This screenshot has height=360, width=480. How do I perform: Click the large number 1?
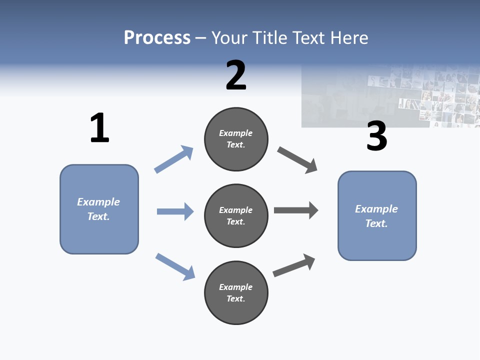99,128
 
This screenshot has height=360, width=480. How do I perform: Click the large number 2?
236,75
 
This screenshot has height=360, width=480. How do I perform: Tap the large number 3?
376,136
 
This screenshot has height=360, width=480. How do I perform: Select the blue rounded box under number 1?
99,209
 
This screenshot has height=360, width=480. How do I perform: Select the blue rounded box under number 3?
377,215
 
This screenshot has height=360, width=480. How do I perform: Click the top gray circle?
236,139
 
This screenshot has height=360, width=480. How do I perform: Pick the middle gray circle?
236,215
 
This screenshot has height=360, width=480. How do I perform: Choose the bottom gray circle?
236,292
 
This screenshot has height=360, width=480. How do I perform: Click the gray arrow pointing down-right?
297,160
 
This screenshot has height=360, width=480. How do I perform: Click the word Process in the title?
157,38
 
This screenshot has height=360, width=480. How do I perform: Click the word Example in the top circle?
236,133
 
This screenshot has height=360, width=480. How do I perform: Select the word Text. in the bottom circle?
236,298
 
